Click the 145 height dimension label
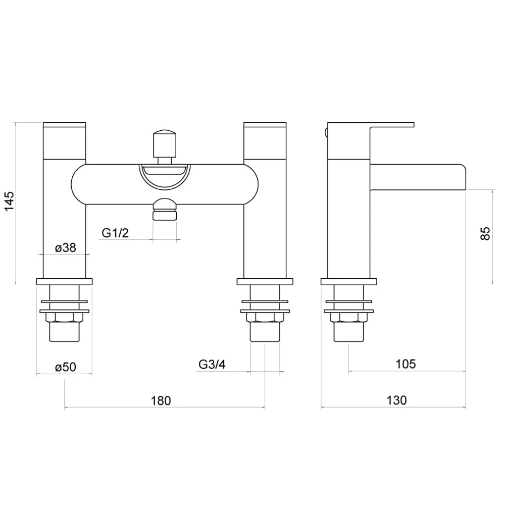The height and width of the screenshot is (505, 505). [9, 201]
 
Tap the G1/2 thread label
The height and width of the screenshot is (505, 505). [115, 232]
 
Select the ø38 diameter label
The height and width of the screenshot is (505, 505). [65, 247]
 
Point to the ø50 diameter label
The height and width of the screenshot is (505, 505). [65, 367]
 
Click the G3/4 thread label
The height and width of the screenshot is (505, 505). [212, 364]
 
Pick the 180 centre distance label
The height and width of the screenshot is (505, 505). [161, 400]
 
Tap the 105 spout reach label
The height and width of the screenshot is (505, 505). [406, 364]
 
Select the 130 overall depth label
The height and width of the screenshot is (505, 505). [396, 400]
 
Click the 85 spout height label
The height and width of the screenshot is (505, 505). [485, 233]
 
